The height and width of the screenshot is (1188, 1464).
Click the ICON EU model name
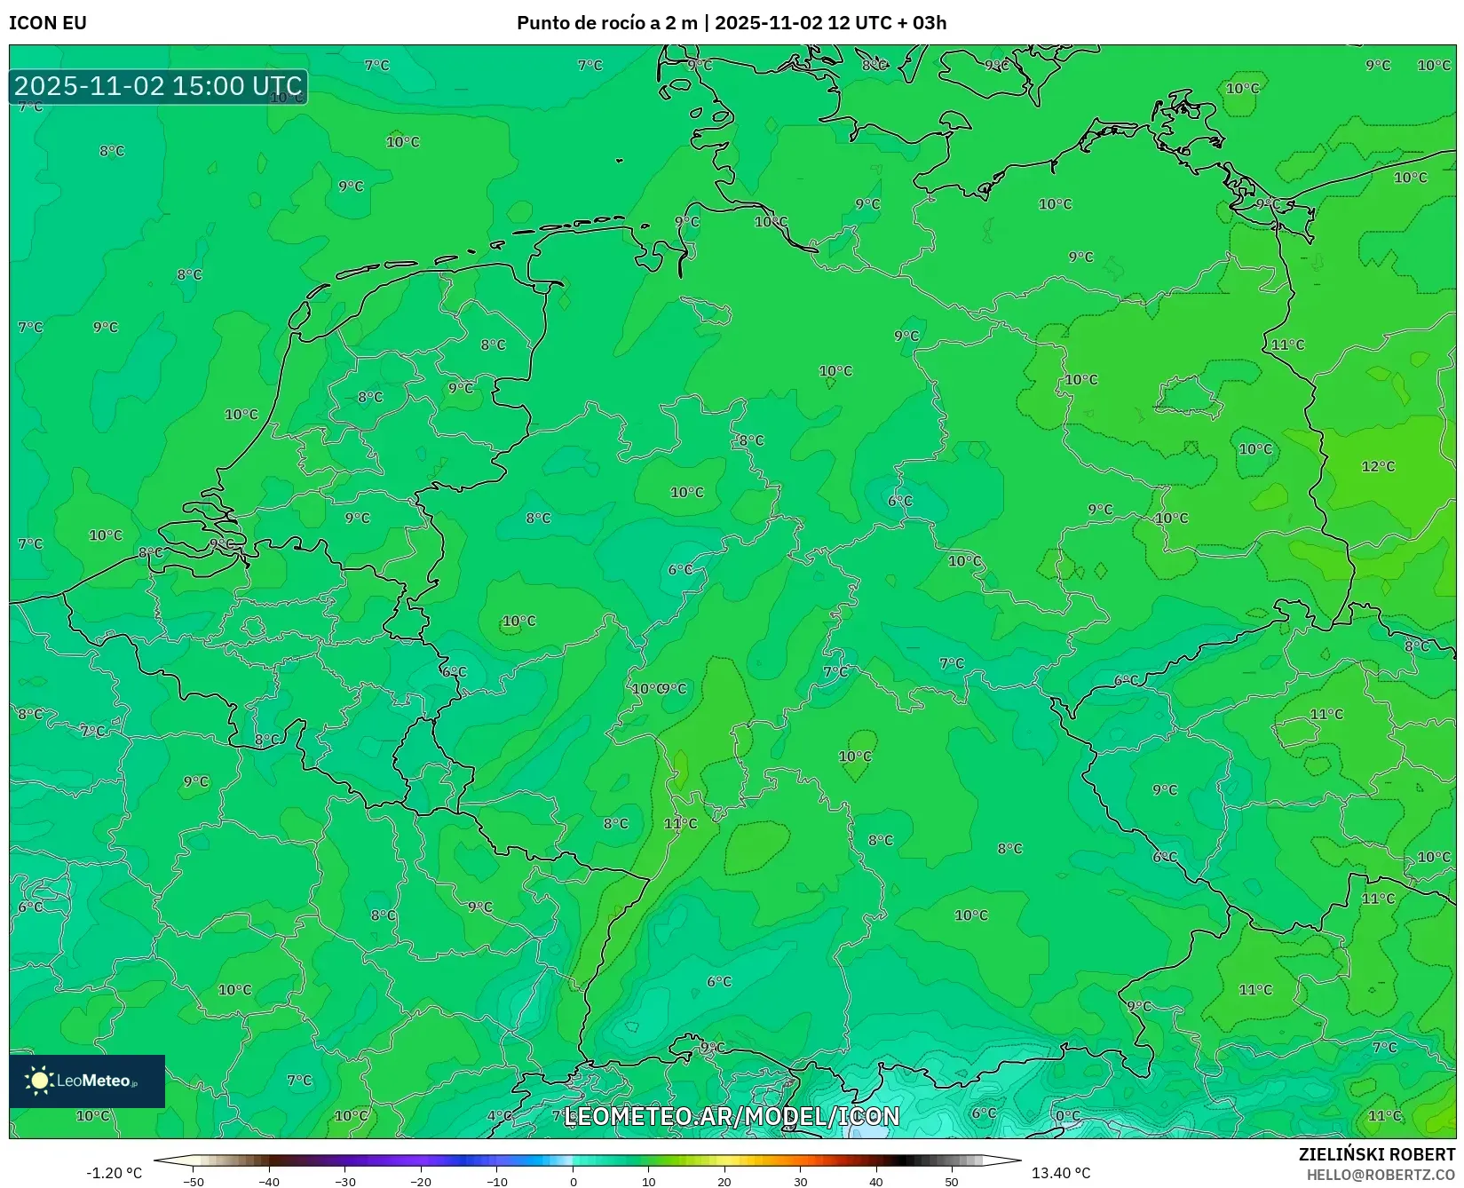pos(48,23)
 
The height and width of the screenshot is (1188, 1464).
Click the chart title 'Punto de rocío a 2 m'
pos(608,23)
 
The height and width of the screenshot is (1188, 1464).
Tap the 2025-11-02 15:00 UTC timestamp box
pos(158,86)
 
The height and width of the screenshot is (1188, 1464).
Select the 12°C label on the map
pos(1378,466)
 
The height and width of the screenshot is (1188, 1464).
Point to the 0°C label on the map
pos(1068,1116)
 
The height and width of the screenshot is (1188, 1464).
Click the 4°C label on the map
pos(500,1116)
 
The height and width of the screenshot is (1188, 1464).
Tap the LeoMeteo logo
pos(87,1081)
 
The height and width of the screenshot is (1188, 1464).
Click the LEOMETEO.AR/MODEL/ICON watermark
pos(732,1116)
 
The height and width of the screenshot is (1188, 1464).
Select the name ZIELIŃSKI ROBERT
pos(1377,1154)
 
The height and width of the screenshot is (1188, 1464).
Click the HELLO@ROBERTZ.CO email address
pos(1381,1174)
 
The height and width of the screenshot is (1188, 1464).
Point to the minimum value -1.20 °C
pos(114,1173)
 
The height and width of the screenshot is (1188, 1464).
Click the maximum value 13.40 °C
pos(1061,1173)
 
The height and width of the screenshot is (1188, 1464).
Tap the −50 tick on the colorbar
pos(194,1182)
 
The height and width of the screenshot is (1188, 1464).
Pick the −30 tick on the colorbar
pos(345,1182)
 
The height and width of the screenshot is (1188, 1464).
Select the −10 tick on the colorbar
pos(497,1182)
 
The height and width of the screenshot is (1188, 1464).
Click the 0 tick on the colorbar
pos(574,1182)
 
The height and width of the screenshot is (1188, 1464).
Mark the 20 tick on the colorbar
pos(724,1182)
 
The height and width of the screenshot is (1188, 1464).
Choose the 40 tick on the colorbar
pos(876,1182)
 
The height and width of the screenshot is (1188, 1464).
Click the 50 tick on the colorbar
pos(952,1182)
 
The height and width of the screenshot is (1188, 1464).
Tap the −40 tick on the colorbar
pos(269,1182)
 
